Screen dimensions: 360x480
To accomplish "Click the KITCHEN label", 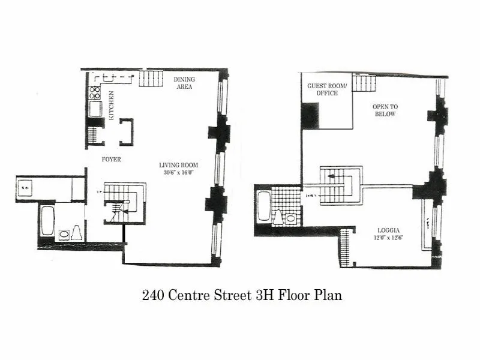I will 111,105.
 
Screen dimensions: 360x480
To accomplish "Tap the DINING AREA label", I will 184,83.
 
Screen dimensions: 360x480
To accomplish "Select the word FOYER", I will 112,159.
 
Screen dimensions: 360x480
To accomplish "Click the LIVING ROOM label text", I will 178,165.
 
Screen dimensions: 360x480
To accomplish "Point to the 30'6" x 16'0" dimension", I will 178,173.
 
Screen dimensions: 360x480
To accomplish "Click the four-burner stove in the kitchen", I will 95,92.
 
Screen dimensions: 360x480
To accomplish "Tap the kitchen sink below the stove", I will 95,109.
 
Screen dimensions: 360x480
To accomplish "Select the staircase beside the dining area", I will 151,78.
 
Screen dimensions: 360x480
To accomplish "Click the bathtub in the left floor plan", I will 47,221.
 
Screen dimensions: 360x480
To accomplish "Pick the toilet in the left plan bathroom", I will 77,232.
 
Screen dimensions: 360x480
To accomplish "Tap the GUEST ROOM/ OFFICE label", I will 322,89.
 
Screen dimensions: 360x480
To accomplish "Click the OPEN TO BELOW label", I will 385,110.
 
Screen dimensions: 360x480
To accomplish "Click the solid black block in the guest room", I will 310,115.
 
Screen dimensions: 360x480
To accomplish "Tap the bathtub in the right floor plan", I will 263,207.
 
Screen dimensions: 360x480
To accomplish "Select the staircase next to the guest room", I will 364,83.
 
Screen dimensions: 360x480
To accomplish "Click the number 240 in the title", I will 151,295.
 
